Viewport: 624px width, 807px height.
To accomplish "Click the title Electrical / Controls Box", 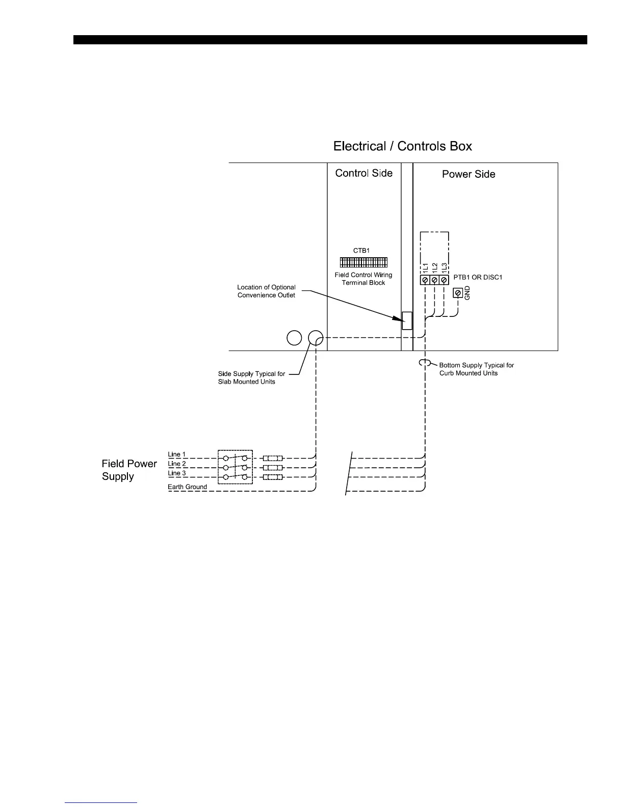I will point(402,146).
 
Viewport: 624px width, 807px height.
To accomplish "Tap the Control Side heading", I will point(363,173).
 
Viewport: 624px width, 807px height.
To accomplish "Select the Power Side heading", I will point(469,174).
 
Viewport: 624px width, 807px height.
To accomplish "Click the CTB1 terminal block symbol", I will point(363,262).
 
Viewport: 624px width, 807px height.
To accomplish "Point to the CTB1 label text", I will point(361,251).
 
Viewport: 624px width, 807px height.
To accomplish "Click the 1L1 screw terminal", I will point(425,280).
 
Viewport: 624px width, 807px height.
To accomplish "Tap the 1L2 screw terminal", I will point(434,280).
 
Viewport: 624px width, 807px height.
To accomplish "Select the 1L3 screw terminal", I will point(444,280).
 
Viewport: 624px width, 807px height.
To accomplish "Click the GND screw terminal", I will point(458,293).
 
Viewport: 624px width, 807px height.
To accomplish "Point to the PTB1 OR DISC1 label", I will point(478,278).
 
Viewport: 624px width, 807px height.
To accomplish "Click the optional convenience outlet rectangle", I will point(407,320).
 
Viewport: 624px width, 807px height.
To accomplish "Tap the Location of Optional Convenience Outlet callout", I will point(266,291).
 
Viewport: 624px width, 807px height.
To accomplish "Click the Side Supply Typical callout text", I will point(251,378).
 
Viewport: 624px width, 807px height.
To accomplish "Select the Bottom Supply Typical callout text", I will point(476,369).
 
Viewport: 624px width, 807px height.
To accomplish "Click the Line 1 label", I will point(177,454).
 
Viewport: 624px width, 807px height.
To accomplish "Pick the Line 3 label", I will point(177,473).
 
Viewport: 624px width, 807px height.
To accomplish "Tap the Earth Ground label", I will point(187,487).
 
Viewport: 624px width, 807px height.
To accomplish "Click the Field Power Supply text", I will point(129,470).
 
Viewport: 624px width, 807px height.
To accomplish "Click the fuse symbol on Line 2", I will point(272,468).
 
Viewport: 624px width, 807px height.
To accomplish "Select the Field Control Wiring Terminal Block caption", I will point(363,279).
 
